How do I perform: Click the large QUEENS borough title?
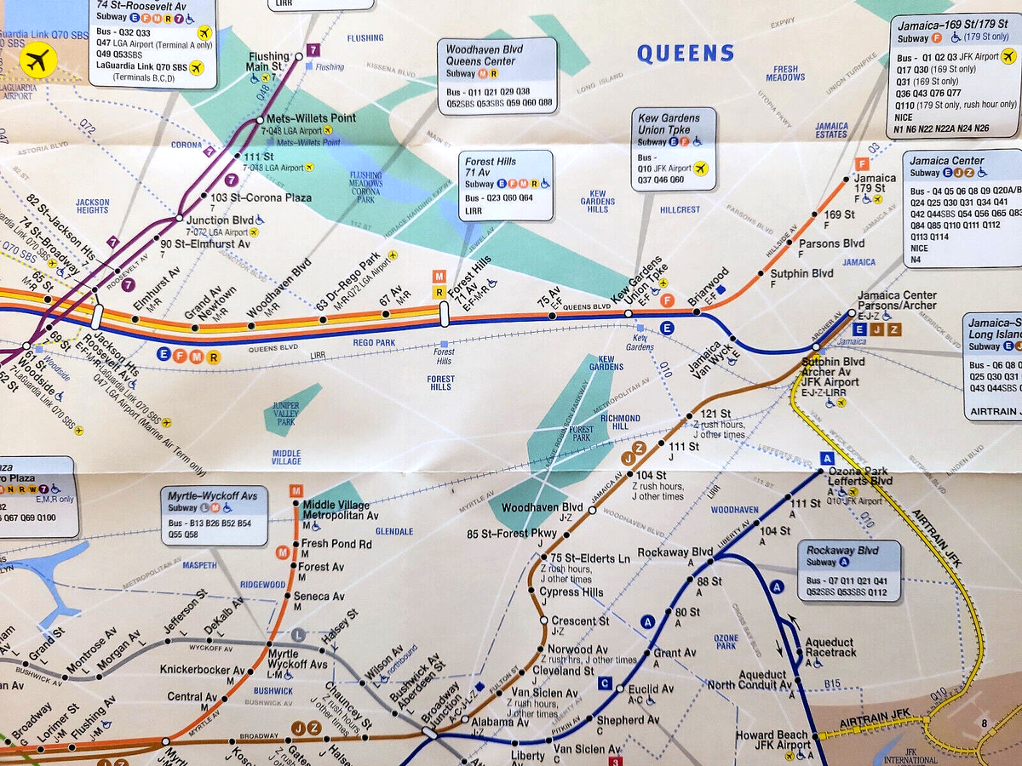point(686,54)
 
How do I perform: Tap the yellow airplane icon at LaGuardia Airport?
point(37,60)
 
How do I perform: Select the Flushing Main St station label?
point(269,62)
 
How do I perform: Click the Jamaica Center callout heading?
point(946,161)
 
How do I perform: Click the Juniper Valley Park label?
point(285,414)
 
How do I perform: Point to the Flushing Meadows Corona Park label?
point(365,187)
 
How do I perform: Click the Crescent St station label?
point(580,621)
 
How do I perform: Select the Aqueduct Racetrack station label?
point(830,648)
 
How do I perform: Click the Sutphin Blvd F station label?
point(801,274)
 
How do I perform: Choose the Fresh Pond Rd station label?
point(336,544)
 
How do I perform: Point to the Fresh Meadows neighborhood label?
point(785,73)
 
